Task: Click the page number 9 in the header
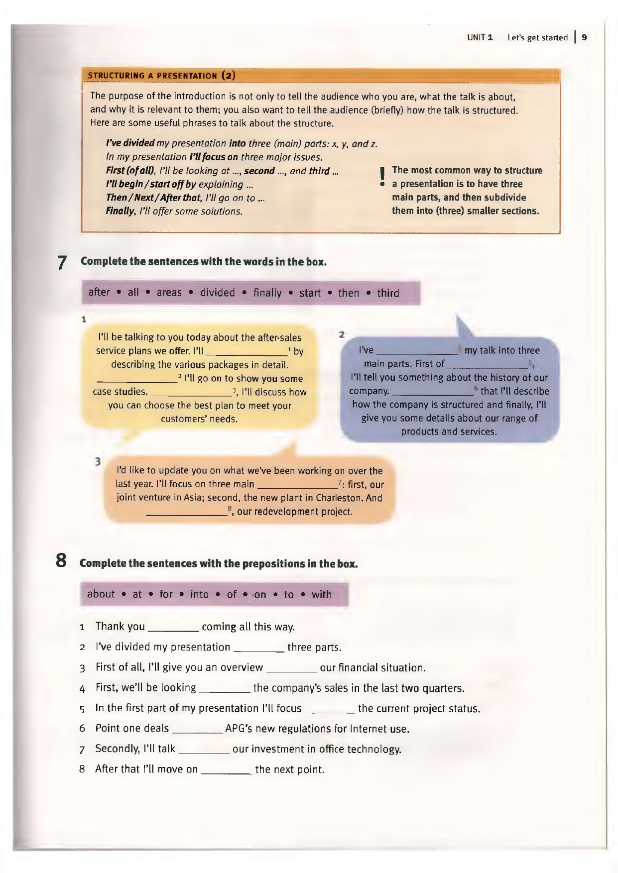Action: tap(584, 37)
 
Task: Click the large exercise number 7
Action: tap(62, 262)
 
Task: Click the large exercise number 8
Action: tap(61, 561)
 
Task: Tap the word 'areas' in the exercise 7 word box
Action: tap(169, 293)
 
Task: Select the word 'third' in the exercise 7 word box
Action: tap(388, 293)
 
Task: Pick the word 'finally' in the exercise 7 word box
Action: tap(267, 293)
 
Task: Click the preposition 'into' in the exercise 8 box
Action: tap(199, 594)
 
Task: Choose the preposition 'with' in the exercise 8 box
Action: tap(322, 594)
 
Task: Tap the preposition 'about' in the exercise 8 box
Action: tap(101, 594)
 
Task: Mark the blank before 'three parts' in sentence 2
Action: tap(258, 649)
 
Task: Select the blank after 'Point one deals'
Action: tap(197, 730)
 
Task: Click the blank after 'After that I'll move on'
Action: tap(227, 771)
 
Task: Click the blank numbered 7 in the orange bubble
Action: tap(297, 485)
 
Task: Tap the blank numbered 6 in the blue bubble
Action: tap(432, 392)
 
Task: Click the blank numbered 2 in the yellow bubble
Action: tap(135, 380)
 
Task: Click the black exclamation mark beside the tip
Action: tap(382, 176)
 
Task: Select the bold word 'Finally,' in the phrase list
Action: tap(121, 211)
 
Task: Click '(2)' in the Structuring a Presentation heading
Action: tap(229, 76)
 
